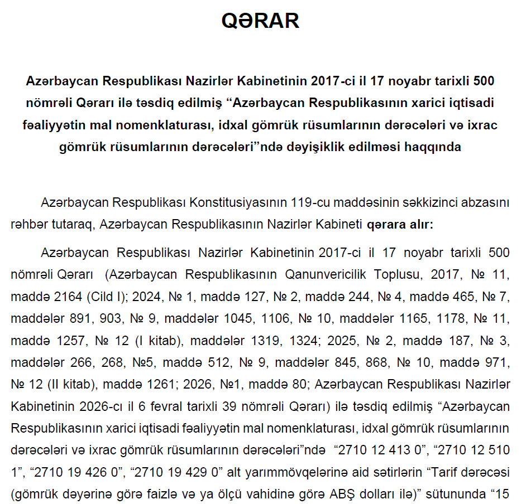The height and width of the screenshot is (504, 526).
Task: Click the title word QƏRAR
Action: click(x=260, y=21)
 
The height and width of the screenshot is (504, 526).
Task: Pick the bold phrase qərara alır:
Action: click(x=399, y=225)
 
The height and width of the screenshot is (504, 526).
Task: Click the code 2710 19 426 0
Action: click(x=78, y=472)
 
